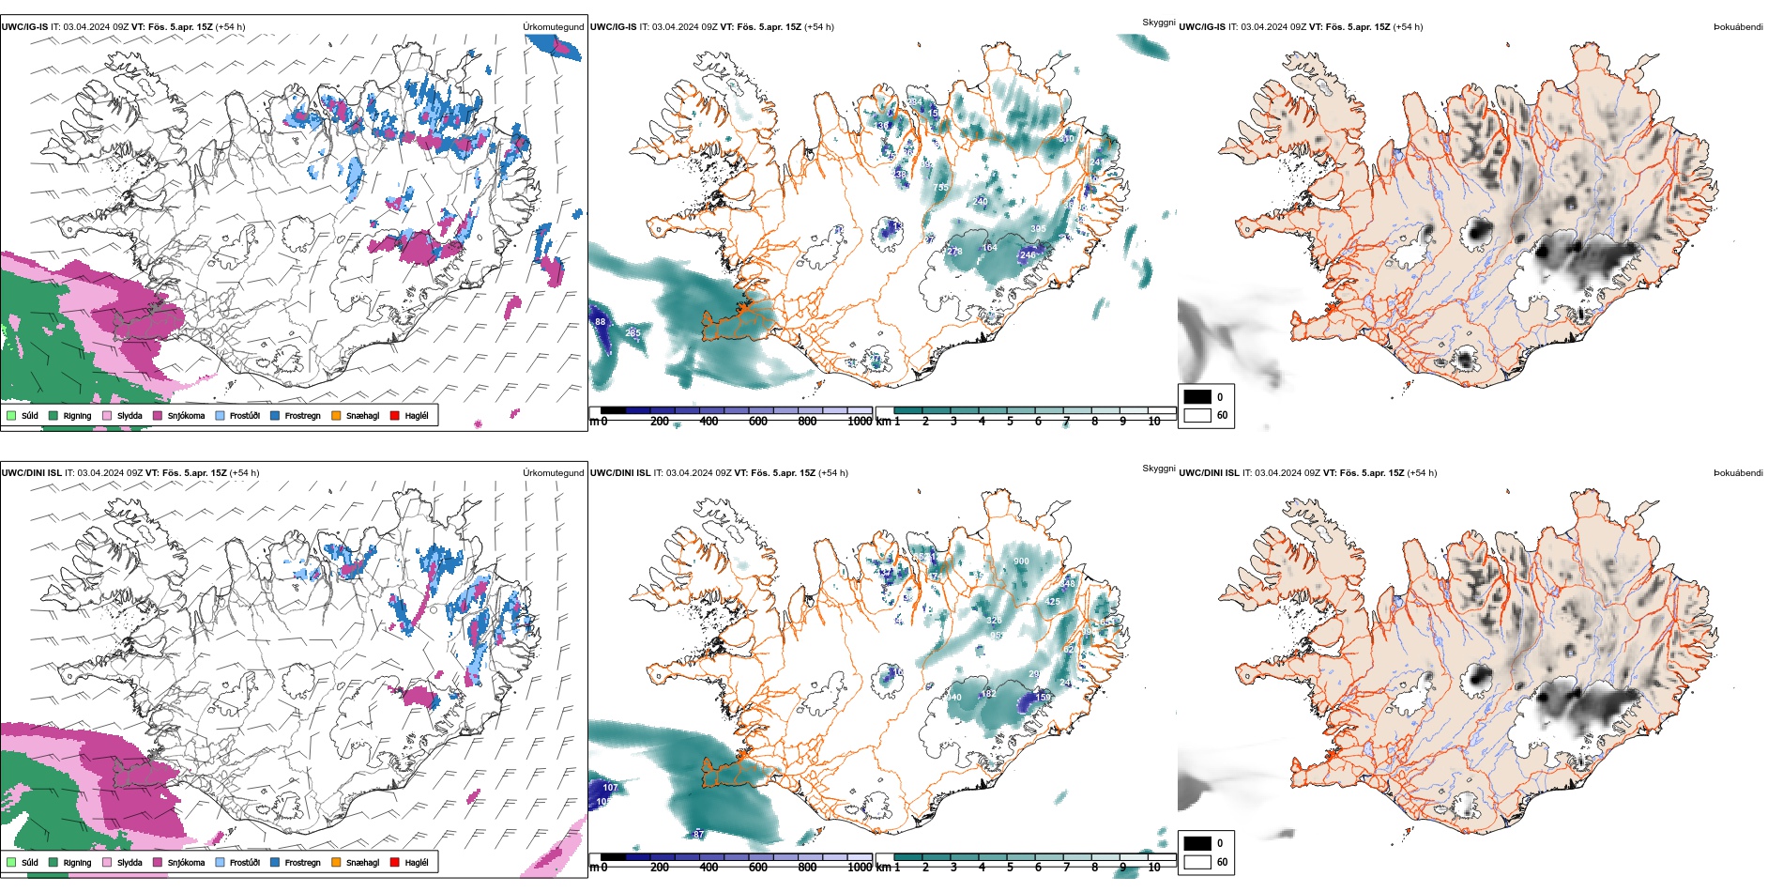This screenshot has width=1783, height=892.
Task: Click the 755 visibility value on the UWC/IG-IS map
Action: tap(941, 188)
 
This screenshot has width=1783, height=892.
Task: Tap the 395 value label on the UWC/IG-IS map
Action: tap(1038, 229)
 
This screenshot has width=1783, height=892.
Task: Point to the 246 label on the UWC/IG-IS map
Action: tap(1029, 254)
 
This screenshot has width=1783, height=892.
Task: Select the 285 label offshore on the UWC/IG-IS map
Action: tap(633, 333)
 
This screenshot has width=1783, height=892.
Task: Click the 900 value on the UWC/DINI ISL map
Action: tap(1021, 561)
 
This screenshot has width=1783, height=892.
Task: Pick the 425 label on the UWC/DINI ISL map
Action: tap(1053, 602)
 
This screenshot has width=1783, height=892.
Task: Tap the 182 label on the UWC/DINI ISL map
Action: tap(988, 694)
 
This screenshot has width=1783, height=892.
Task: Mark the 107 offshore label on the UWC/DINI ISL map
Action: tap(610, 788)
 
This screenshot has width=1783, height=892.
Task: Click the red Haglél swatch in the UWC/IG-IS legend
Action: tap(395, 415)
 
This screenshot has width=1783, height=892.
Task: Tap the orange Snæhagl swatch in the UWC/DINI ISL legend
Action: tap(336, 862)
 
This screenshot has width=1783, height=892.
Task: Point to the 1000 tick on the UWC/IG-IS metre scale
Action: tap(860, 422)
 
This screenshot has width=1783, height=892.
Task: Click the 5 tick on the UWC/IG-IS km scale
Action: tap(1010, 422)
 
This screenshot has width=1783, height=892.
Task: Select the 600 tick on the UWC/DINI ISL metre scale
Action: tap(758, 868)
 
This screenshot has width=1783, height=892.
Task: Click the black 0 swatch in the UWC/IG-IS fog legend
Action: tap(1197, 397)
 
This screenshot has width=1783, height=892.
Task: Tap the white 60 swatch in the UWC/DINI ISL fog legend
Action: tap(1197, 861)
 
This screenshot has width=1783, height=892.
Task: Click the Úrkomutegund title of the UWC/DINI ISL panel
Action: tap(553, 473)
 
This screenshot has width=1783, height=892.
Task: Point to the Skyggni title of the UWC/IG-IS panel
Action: tap(1158, 23)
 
